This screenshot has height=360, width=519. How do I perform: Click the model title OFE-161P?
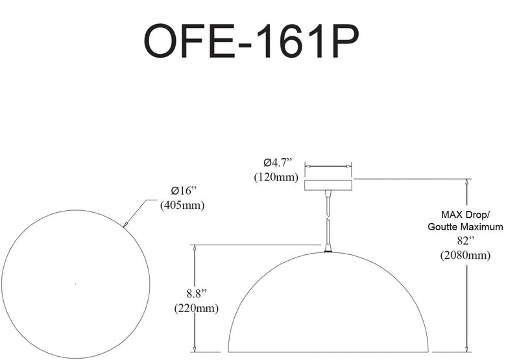click(251, 42)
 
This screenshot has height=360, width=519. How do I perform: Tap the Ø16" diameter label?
click(184, 191)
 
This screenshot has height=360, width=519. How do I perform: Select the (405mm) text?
click(182, 206)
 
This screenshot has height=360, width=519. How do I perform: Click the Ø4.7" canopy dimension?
click(278, 162)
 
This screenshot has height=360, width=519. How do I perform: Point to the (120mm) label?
click(276, 177)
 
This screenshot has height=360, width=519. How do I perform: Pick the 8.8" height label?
click(197, 293)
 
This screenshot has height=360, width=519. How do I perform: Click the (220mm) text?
click(197, 308)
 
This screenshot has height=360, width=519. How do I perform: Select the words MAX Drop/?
click(465, 215)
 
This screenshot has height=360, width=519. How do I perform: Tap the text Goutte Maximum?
click(465, 227)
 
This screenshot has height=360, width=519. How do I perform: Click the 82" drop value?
click(466, 241)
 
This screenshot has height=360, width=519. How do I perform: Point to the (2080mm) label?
click(465, 255)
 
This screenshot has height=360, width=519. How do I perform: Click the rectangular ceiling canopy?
click(328, 186)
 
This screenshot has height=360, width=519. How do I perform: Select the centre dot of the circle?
click(76, 284)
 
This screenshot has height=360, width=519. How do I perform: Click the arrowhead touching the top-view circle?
click(125, 224)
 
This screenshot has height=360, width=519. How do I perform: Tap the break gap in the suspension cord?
click(328, 216)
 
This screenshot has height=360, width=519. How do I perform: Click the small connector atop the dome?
click(328, 248)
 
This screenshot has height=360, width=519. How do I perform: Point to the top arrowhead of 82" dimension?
click(466, 182)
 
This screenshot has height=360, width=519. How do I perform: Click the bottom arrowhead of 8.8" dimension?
click(195, 349)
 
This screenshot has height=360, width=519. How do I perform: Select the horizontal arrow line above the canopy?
click(328, 166)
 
